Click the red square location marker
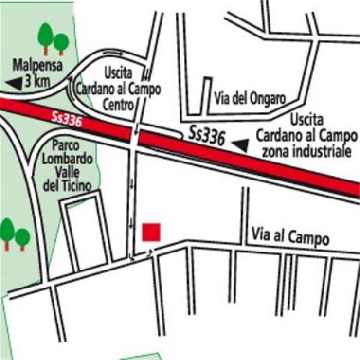(x=152, y=232)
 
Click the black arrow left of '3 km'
(x=13, y=82)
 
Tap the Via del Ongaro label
(x=250, y=99)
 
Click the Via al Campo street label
(x=290, y=235)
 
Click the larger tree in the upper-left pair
(x=45, y=35)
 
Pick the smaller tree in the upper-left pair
(x=61, y=41)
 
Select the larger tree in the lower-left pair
(x=7, y=231)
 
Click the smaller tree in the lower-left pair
(x=23, y=236)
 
